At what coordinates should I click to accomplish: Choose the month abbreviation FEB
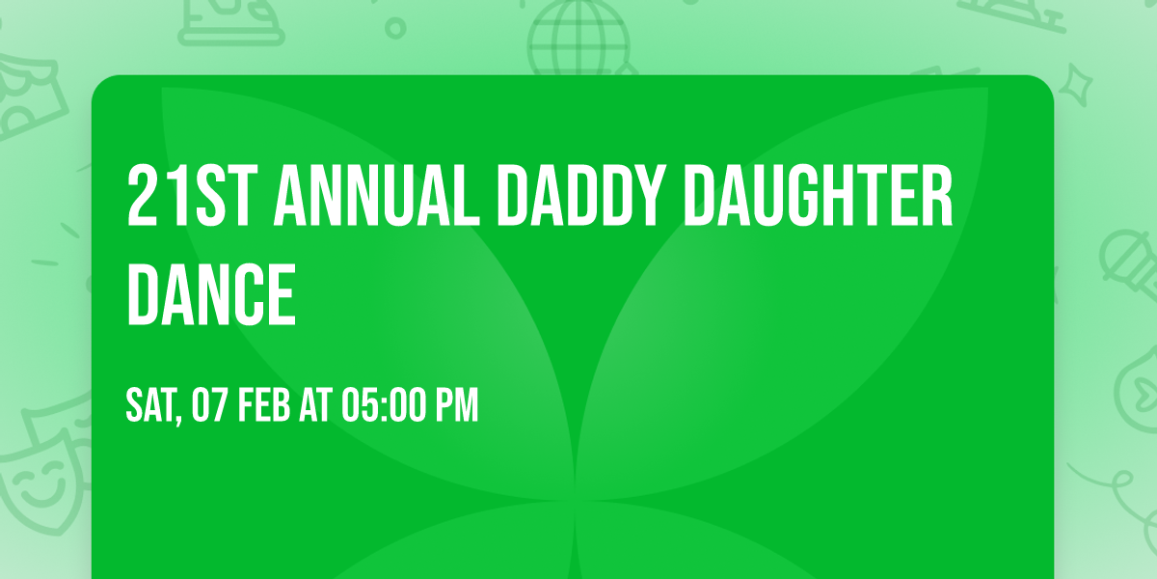coord(265,406)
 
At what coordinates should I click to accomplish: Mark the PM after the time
coord(457,406)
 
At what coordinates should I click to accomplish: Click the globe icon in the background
coord(577,39)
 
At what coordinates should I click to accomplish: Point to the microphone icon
coord(1126,256)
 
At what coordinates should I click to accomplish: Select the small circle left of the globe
coord(395,28)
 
